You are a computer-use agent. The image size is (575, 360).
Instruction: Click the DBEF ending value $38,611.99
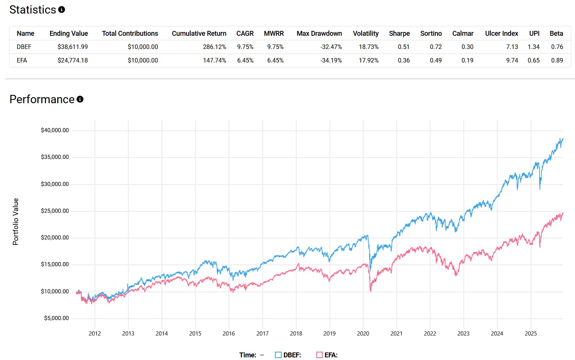tap(72, 47)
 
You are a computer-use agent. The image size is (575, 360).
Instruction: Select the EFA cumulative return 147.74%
tap(214, 60)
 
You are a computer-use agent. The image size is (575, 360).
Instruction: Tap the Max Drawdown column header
tap(319, 34)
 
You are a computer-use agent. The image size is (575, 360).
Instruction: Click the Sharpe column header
tap(399, 34)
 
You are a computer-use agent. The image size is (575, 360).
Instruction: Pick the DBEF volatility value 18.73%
tap(368, 47)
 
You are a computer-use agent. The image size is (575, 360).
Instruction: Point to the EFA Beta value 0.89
tap(557, 60)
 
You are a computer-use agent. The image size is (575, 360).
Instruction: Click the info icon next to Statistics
tap(62, 10)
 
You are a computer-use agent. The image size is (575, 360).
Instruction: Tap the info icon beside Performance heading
tap(80, 99)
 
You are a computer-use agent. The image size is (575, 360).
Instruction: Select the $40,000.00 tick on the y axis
tap(55, 130)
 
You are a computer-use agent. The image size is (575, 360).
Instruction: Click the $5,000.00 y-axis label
tap(56, 318)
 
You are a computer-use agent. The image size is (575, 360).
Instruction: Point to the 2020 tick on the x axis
tap(363, 334)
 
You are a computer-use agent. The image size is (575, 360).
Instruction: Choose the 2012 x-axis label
tap(95, 334)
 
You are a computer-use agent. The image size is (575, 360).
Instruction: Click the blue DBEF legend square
tap(278, 355)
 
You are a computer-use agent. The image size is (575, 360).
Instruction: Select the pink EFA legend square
tap(319, 355)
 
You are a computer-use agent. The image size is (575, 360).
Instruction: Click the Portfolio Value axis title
tap(15, 221)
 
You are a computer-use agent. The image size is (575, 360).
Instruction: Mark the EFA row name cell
tap(22, 60)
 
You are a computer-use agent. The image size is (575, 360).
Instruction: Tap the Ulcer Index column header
tap(501, 34)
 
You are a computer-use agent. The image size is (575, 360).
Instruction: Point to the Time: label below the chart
tap(247, 355)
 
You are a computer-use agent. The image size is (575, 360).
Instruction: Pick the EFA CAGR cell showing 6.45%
tap(245, 60)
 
